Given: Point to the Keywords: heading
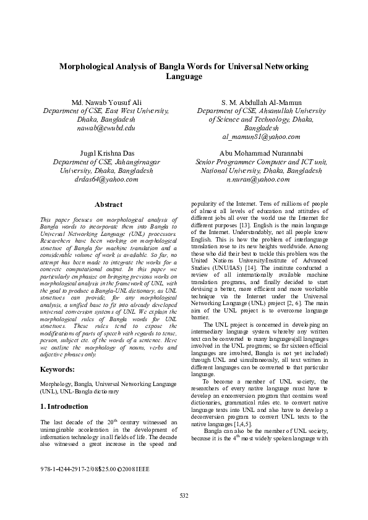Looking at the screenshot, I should pos(57,369).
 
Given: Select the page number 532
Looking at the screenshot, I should pos(184,496).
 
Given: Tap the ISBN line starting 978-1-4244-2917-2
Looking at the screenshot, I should pos(94,469).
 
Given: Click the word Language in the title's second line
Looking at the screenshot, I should pos(184,77).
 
